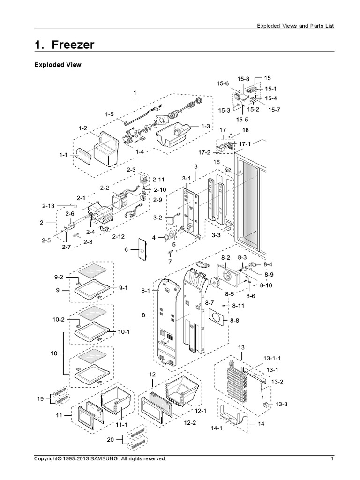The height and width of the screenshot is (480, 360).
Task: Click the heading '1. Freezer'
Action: point(65,45)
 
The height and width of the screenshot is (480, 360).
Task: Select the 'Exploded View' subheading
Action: point(58,65)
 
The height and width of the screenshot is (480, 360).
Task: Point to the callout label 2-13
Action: point(48,206)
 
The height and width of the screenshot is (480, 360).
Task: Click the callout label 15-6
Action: point(223,83)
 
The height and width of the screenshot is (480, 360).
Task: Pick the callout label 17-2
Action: point(204,152)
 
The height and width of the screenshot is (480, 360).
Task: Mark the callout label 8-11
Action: point(239,306)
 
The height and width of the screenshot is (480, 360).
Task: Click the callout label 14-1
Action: point(225,428)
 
